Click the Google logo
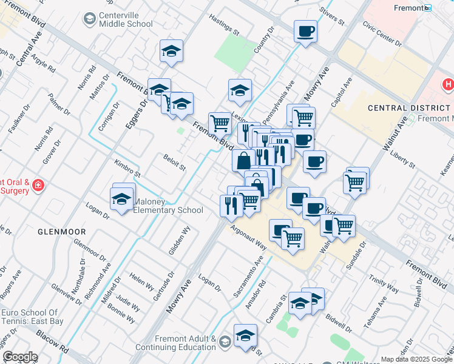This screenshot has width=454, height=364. pos(20,357)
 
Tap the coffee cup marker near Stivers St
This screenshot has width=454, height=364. pos(305,31)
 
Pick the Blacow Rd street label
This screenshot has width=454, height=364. pos(52,342)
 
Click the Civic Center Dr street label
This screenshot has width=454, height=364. pos(382,34)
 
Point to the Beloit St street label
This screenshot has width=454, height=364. pos(174,162)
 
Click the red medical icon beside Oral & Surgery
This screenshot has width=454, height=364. pos(38,184)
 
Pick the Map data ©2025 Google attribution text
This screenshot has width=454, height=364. pos(416,359)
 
